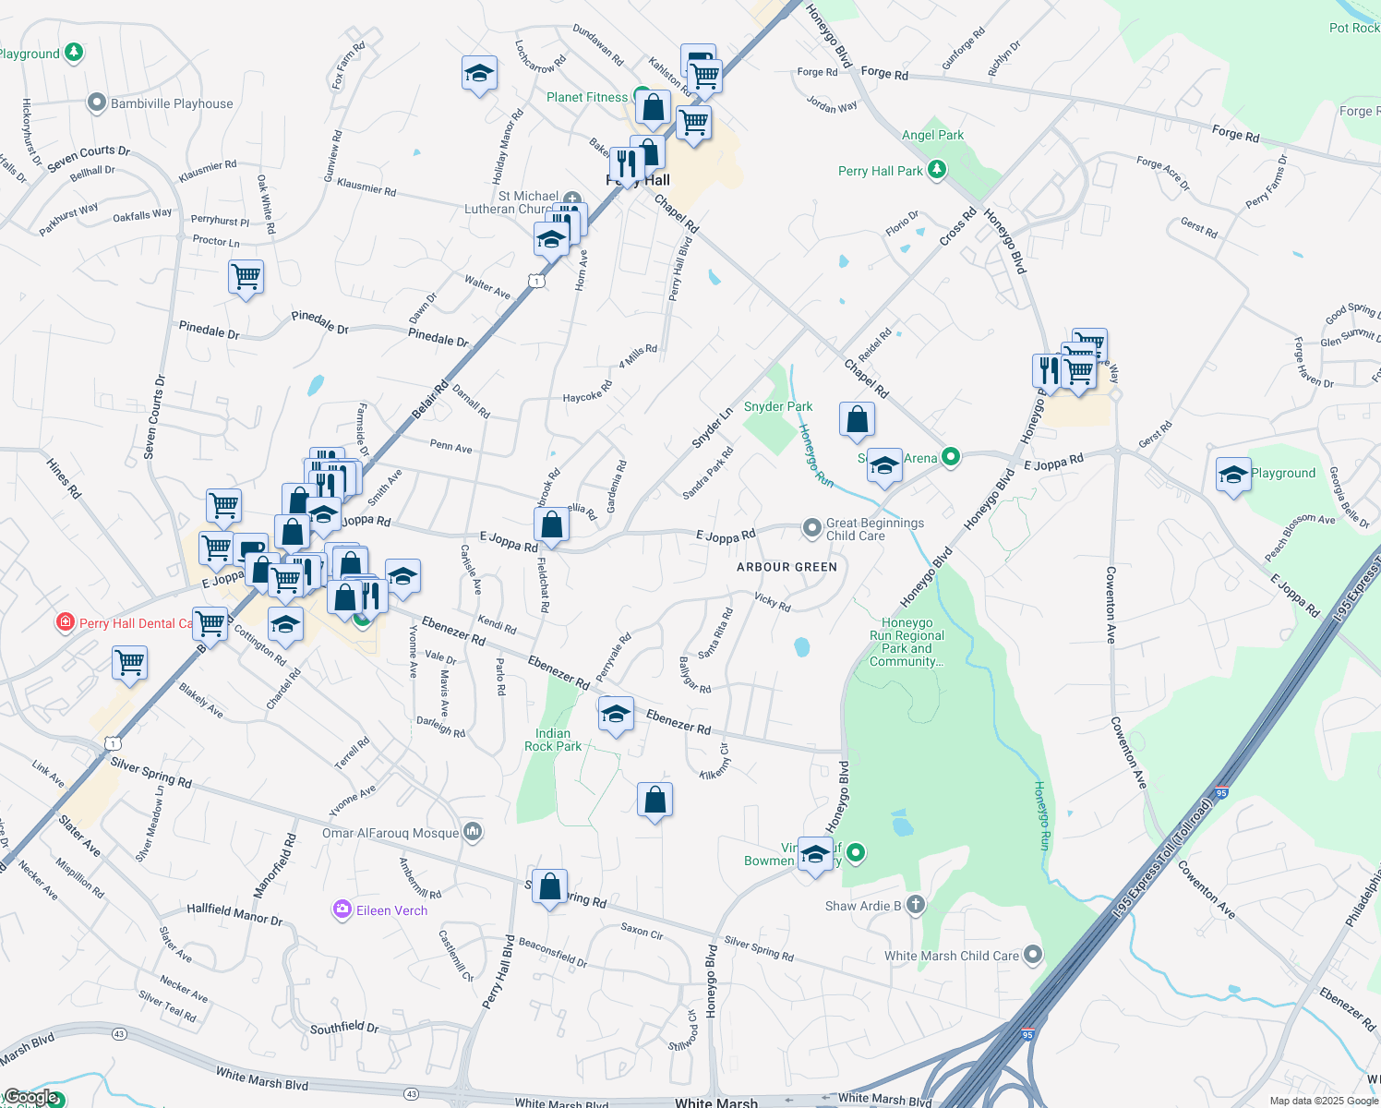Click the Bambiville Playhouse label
click(x=172, y=103)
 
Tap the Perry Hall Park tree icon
click(x=937, y=169)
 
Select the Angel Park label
click(x=932, y=135)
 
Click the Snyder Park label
click(x=778, y=406)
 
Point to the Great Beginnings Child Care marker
click(x=811, y=527)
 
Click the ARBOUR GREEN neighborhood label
click(x=787, y=567)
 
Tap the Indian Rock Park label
click(x=553, y=740)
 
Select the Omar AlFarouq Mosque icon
click(x=473, y=832)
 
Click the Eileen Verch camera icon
click(x=342, y=910)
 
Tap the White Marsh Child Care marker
click(x=1033, y=955)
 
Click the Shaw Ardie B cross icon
click(x=915, y=904)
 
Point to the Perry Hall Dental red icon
click(x=65, y=622)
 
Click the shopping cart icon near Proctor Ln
click(x=246, y=276)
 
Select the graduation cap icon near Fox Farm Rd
click(x=479, y=73)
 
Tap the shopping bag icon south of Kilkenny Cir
click(x=654, y=800)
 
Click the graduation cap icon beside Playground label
click(x=1233, y=475)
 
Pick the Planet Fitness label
click(x=586, y=97)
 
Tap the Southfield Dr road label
click(x=344, y=1028)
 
